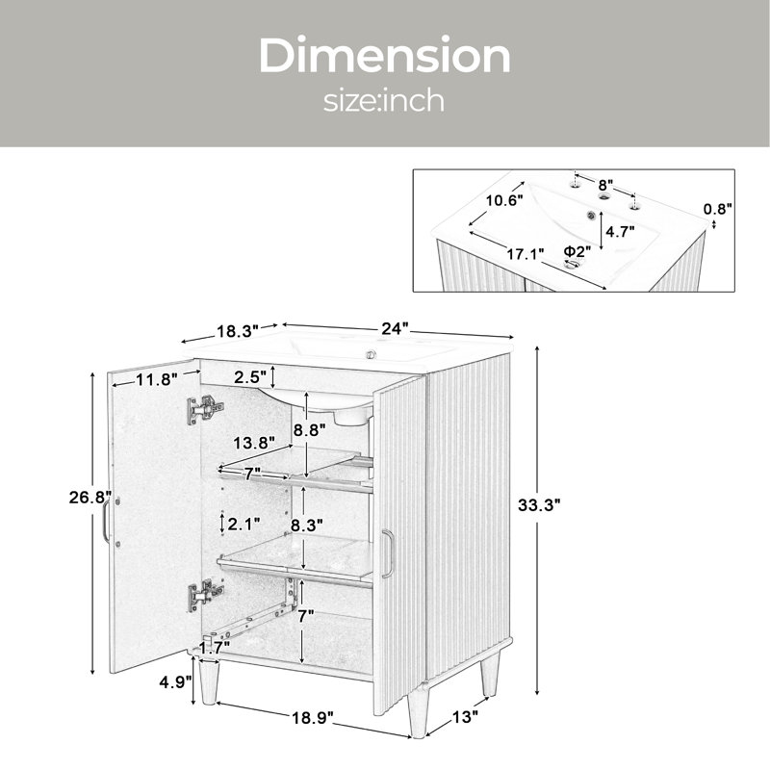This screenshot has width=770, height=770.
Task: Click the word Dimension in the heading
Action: click(x=384, y=55)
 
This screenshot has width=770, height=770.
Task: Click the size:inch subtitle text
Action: click(x=383, y=100)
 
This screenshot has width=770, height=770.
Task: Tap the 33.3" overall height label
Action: click(x=539, y=504)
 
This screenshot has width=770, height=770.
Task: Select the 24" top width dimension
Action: click(x=395, y=328)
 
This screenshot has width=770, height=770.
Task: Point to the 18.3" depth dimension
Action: click(x=238, y=331)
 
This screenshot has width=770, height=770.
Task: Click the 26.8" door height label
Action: click(x=90, y=498)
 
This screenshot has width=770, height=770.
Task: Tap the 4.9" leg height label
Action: click(x=175, y=682)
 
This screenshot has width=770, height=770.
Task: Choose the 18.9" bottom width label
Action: click(x=313, y=718)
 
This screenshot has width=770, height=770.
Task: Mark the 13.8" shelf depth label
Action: click(x=253, y=444)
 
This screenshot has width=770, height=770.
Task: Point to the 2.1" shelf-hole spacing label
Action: click(x=244, y=525)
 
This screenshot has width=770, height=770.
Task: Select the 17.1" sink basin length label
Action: click(x=526, y=254)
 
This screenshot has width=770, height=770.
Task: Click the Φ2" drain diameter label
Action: click(x=577, y=251)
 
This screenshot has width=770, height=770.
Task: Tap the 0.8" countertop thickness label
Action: click(x=718, y=209)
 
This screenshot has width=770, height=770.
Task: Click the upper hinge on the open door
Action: click(x=205, y=410)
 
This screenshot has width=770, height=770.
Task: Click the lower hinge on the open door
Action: click(x=205, y=595)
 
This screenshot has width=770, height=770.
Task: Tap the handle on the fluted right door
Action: click(x=388, y=553)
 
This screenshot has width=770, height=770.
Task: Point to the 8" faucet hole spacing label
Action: click(x=605, y=185)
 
